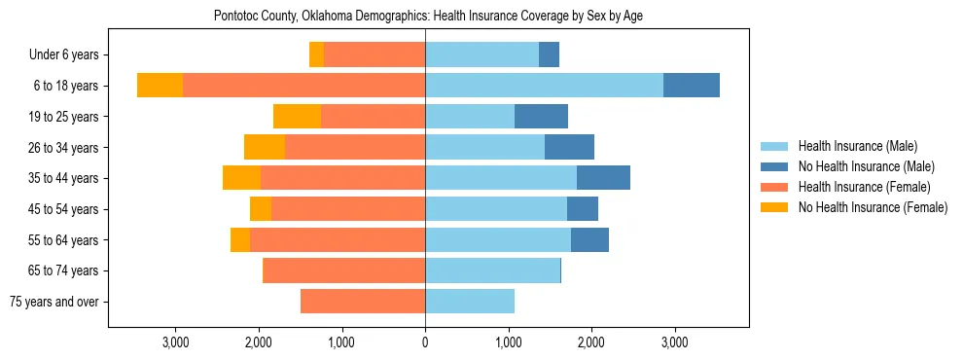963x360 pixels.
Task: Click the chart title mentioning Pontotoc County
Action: [x=428, y=17]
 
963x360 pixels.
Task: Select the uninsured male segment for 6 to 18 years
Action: [x=692, y=86]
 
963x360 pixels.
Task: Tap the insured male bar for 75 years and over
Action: [x=470, y=302]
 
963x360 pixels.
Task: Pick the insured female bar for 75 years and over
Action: [x=363, y=302]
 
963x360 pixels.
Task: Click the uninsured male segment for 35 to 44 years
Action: [x=603, y=178]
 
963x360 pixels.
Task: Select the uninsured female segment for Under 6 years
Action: [x=316, y=54]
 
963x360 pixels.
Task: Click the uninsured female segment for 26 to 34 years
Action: [x=265, y=147]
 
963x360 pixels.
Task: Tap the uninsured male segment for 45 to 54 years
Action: [x=583, y=209]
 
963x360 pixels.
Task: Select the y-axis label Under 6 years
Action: [x=70, y=55]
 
